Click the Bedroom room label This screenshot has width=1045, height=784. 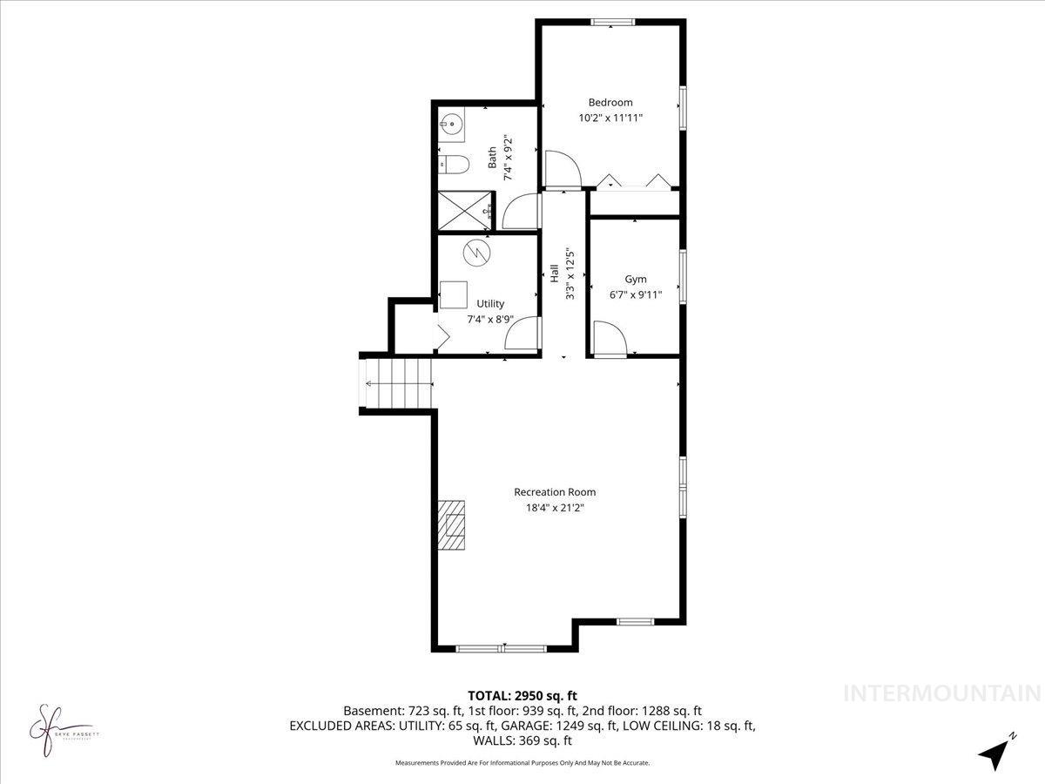(x=610, y=102)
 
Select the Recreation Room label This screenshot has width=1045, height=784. (x=555, y=492)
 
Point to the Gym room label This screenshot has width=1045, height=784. (x=636, y=279)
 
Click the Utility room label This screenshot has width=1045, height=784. (x=490, y=303)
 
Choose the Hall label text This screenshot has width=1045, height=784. (x=554, y=273)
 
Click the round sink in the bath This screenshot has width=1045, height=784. (x=450, y=125)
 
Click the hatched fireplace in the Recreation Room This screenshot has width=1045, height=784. (x=452, y=525)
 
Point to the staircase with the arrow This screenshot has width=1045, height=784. (x=397, y=382)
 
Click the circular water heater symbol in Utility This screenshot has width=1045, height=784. (x=476, y=252)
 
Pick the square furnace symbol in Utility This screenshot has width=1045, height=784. (x=453, y=294)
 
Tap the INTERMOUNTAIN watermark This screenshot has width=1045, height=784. (x=942, y=693)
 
